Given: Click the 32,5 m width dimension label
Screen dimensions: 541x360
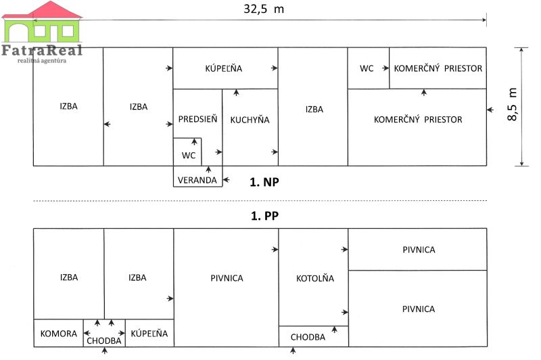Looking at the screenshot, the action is pos(264,9).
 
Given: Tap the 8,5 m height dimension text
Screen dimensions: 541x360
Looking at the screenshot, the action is pos(513,104).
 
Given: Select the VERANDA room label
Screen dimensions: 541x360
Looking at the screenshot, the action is pos(197,180).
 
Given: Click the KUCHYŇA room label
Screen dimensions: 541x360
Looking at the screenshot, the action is pos(250,119).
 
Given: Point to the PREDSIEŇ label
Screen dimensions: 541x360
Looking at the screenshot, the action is pos(197,118).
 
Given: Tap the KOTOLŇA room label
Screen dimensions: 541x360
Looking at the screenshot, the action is pos(315,278).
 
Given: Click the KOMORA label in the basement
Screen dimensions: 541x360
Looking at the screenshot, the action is pos(59,334).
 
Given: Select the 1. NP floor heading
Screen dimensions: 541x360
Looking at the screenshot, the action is pos(264,182).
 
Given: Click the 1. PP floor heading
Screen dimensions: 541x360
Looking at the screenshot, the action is pos(264,216).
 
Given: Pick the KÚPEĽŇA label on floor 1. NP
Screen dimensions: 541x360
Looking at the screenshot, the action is pos(224,68).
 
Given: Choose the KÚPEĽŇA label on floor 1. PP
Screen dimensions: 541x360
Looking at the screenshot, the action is pos(149,333).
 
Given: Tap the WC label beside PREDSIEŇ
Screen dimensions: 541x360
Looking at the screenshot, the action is pos(189,156).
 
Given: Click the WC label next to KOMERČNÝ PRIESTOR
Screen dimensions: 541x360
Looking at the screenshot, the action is pos(367,68).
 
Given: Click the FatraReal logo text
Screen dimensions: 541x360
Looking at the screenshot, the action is pos(42,50).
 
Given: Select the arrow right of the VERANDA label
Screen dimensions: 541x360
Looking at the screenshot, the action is pos(227,179).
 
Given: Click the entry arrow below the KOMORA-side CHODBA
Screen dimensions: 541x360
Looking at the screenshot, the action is pos(105,351).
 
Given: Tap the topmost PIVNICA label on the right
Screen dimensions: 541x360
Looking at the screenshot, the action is pos(419,250).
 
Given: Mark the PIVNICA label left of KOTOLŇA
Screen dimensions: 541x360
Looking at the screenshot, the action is pos(227,278).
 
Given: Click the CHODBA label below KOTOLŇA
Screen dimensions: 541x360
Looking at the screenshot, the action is pos(308,337).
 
